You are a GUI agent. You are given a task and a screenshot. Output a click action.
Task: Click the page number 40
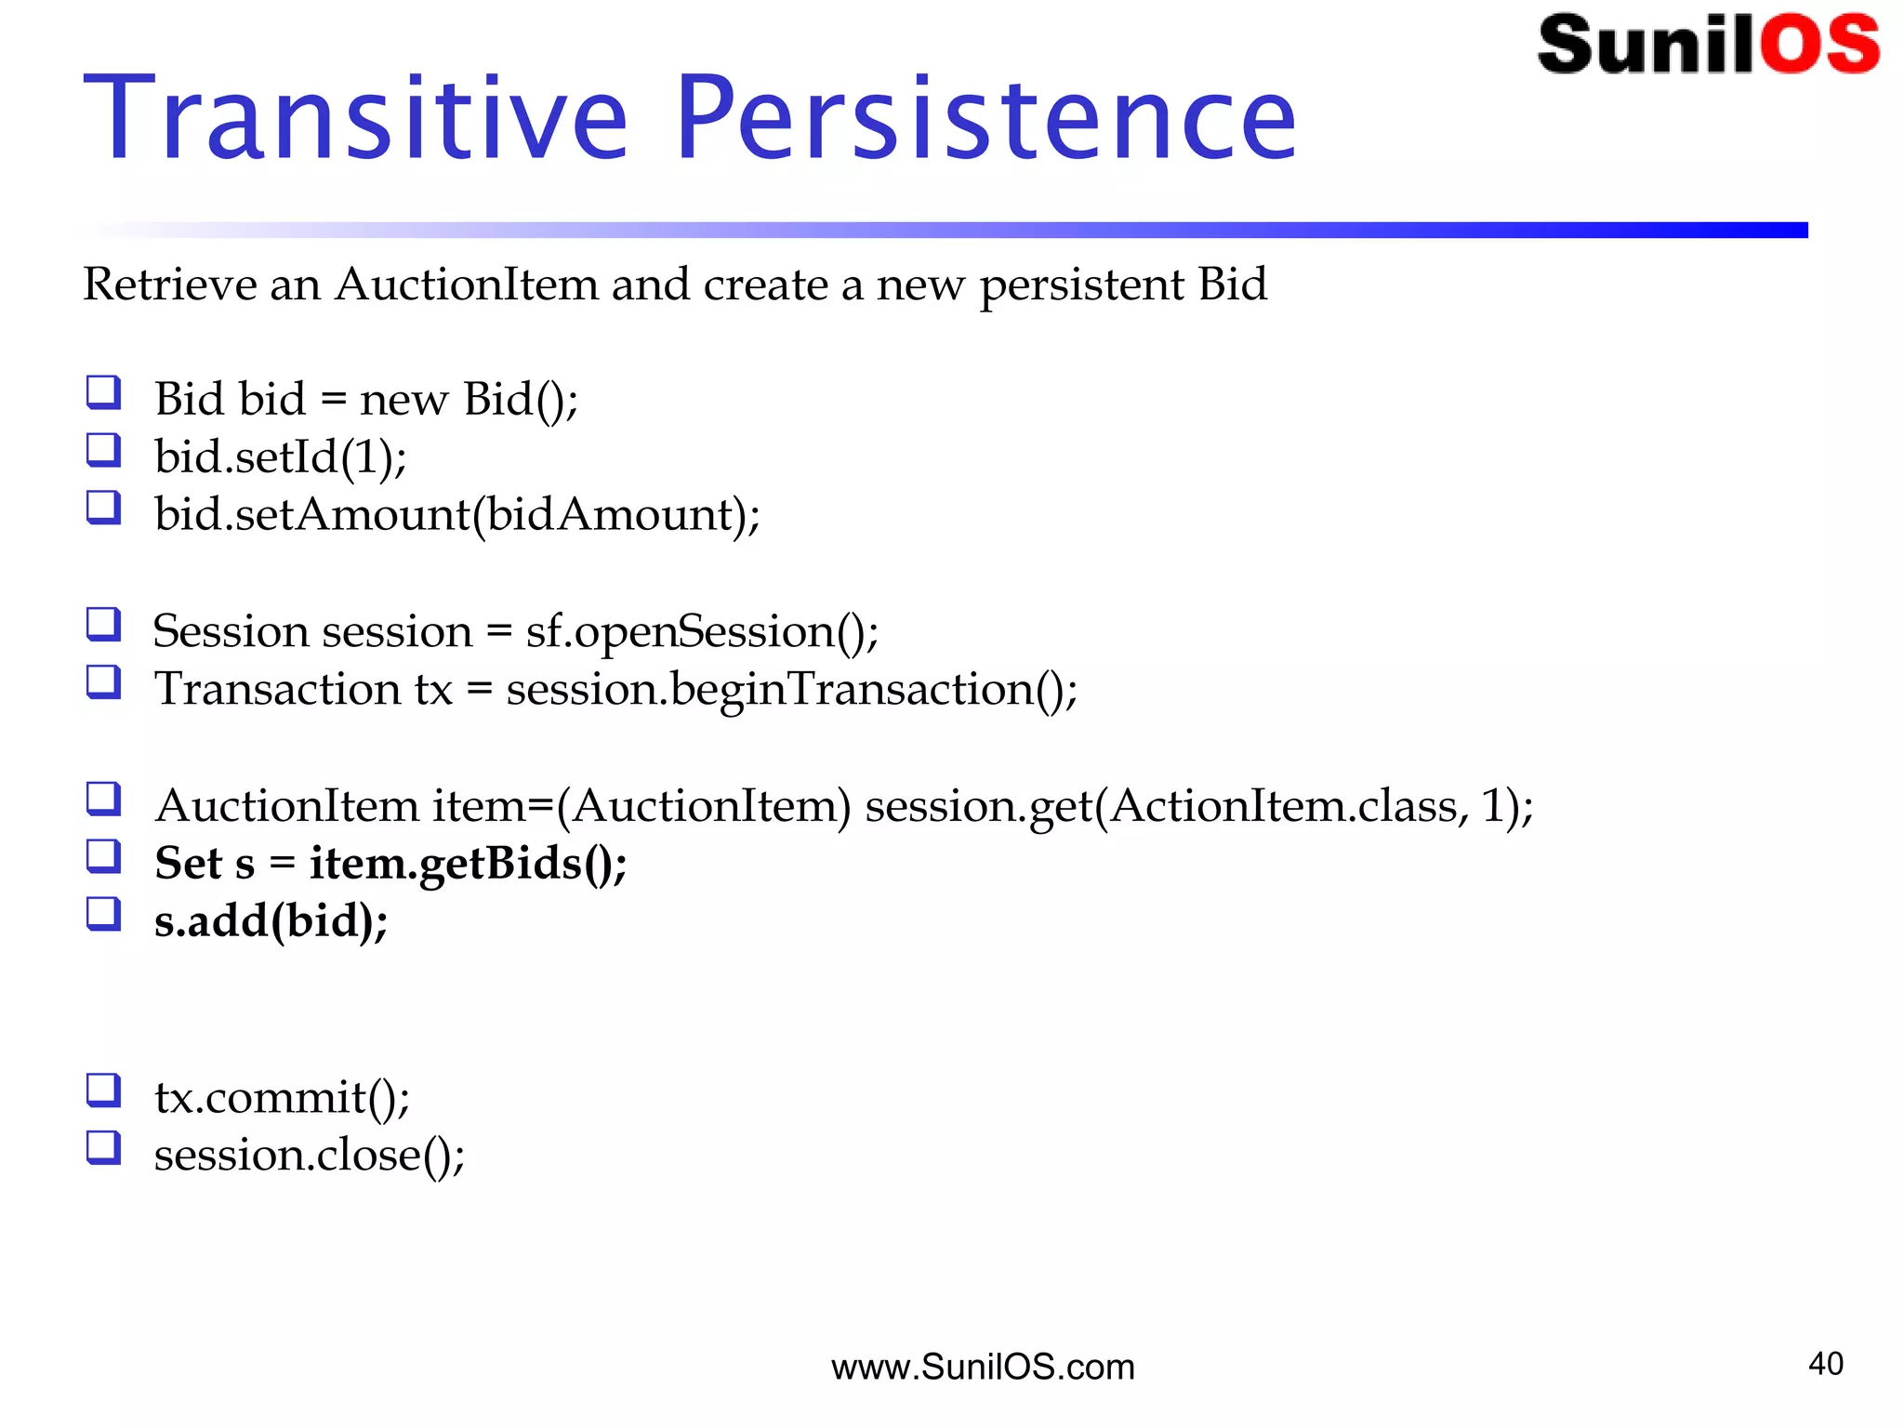(1825, 1364)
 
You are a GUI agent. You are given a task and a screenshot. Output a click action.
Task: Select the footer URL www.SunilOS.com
(983, 1367)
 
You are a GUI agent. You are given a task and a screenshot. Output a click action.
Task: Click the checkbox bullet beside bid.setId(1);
(103, 450)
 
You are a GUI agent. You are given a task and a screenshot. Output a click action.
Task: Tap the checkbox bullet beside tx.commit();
(103, 1091)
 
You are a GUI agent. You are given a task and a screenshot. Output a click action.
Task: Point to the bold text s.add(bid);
(271, 921)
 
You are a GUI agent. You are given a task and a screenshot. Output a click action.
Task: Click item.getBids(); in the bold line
(468, 864)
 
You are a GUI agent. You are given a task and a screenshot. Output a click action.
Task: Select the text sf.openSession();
(702, 632)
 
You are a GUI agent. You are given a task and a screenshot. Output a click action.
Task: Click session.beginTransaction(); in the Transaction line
(791, 690)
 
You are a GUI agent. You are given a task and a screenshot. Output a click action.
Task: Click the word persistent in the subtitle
(1080, 284)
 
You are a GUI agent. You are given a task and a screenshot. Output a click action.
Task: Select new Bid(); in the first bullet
(468, 400)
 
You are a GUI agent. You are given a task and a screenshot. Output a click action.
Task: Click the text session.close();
(309, 1156)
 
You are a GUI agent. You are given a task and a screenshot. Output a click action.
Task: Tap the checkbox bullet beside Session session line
(103, 625)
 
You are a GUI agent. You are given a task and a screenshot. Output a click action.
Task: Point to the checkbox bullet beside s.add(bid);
(103, 914)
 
